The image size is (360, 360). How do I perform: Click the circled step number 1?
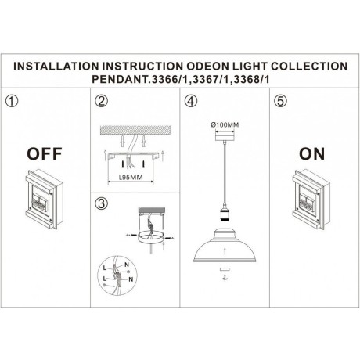11,102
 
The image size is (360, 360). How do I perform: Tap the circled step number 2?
100,102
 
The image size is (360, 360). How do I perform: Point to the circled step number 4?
189,102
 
